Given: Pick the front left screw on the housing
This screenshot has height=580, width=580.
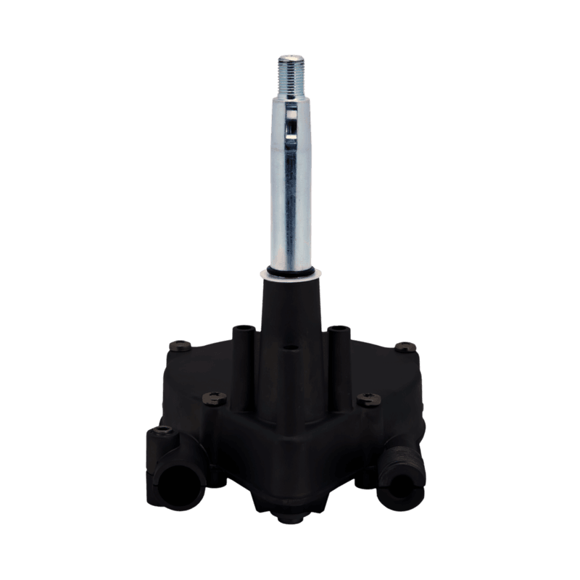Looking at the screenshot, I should coord(213,396).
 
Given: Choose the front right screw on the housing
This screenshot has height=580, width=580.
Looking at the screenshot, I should coord(368,397).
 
